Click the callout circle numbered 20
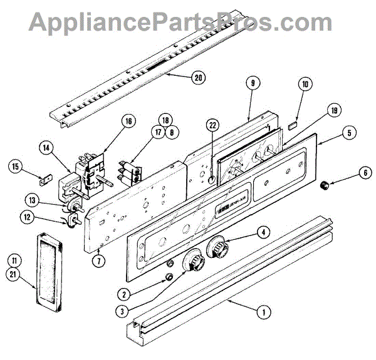[199, 78]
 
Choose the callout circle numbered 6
[363, 173]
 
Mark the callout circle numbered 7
[98, 259]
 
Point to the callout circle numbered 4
[264, 233]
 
